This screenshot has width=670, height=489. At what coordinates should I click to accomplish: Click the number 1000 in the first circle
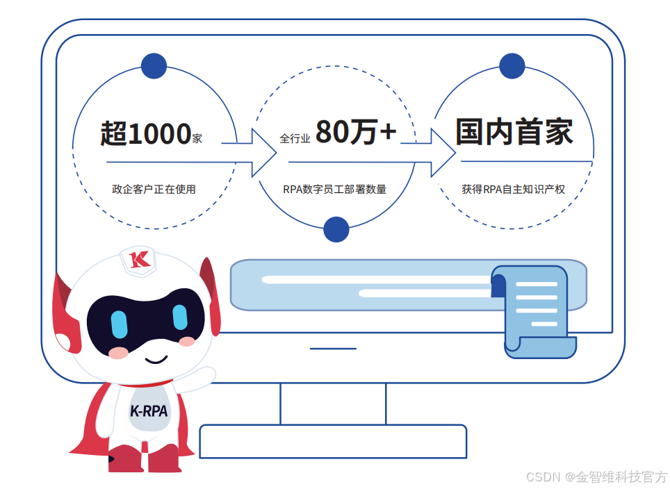click(x=159, y=133)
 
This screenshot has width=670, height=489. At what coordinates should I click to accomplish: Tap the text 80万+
click(x=356, y=132)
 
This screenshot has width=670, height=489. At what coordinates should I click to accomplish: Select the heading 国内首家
click(x=514, y=132)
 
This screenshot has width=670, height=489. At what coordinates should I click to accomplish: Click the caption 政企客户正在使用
click(x=154, y=189)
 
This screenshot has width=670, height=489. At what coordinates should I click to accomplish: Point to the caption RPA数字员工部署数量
click(x=334, y=189)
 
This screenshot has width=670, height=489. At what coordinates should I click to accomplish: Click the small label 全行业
click(x=295, y=139)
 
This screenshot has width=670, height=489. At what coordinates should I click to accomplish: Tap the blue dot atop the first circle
click(x=154, y=66)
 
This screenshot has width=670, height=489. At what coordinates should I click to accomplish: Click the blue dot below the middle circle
click(x=336, y=229)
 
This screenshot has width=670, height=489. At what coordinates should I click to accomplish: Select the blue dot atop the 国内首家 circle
click(x=512, y=66)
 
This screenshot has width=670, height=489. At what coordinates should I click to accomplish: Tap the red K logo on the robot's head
click(x=140, y=260)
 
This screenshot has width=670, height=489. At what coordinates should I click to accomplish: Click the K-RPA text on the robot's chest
click(x=149, y=411)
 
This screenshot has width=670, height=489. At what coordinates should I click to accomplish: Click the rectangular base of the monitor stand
click(x=333, y=441)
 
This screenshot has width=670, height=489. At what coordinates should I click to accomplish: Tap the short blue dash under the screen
click(x=333, y=348)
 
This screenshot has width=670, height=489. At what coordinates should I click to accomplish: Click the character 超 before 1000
click(x=113, y=133)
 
